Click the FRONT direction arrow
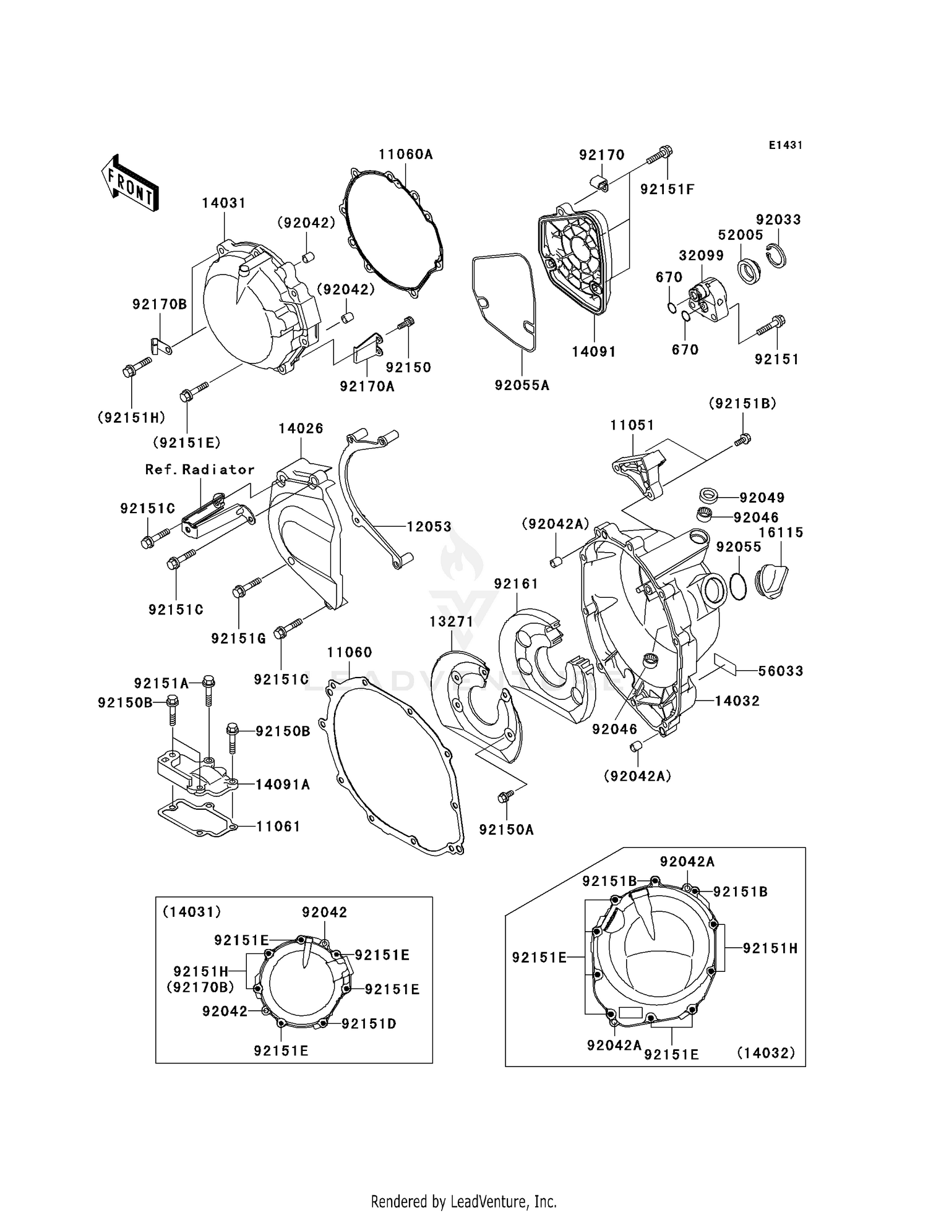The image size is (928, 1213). (130, 183)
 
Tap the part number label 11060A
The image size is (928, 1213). (405, 154)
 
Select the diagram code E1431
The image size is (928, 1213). (785, 145)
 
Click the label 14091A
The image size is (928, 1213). (283, 785)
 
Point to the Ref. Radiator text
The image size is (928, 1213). (200, 470)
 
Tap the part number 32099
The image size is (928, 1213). (700, 256)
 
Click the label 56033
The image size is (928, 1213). (780, 671)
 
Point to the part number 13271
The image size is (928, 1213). (451, 621)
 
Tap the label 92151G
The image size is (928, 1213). (238, 639)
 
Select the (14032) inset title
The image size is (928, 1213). (765, 1053)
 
